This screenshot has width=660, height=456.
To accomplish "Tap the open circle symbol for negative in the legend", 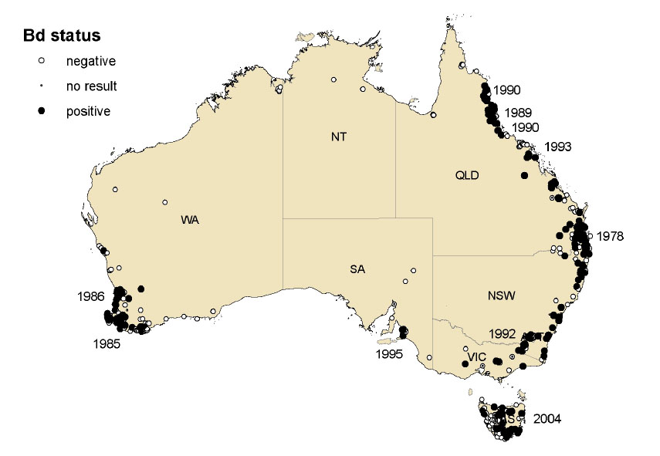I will click(42, 60).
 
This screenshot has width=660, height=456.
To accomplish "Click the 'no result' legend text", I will click(91, 86).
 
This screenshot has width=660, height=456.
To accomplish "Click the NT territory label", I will click(338, 137).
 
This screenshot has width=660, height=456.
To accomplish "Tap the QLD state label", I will click(467, 175).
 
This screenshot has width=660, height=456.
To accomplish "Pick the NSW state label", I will click(503, 296).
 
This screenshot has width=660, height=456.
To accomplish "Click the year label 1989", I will click(518, 112).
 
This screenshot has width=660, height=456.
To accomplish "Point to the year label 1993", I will click(558, 146).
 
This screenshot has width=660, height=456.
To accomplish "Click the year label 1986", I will click(92, 296).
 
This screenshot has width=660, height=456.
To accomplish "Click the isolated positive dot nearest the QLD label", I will click(525, 175).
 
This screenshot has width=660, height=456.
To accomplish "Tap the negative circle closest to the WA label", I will click(165, 202).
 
